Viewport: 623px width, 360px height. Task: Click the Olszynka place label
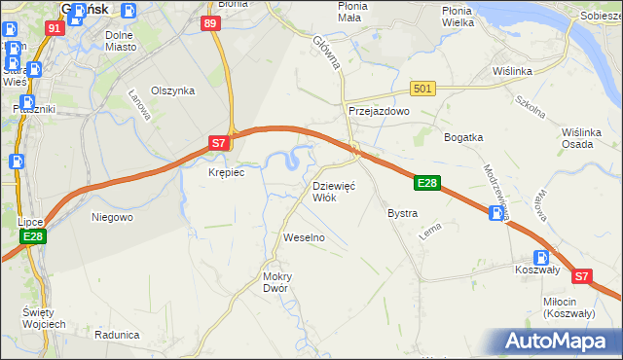tap(174, 90)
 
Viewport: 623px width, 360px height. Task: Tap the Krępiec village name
tap(226, 172)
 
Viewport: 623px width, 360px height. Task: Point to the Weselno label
tap(303, 237)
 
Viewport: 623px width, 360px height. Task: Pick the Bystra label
tap(402, 213)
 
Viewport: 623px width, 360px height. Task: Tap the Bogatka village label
tap(463, 137)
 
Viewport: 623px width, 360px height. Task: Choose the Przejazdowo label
tap(380, 112)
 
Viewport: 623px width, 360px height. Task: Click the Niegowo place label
tap(112, 217)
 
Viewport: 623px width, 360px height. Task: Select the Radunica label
tap(118, 334)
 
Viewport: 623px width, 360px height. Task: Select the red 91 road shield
tap(55, 28)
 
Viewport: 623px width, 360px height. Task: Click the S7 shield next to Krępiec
tap(220, 143)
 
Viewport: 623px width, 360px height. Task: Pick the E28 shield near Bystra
tap(427, 182)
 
